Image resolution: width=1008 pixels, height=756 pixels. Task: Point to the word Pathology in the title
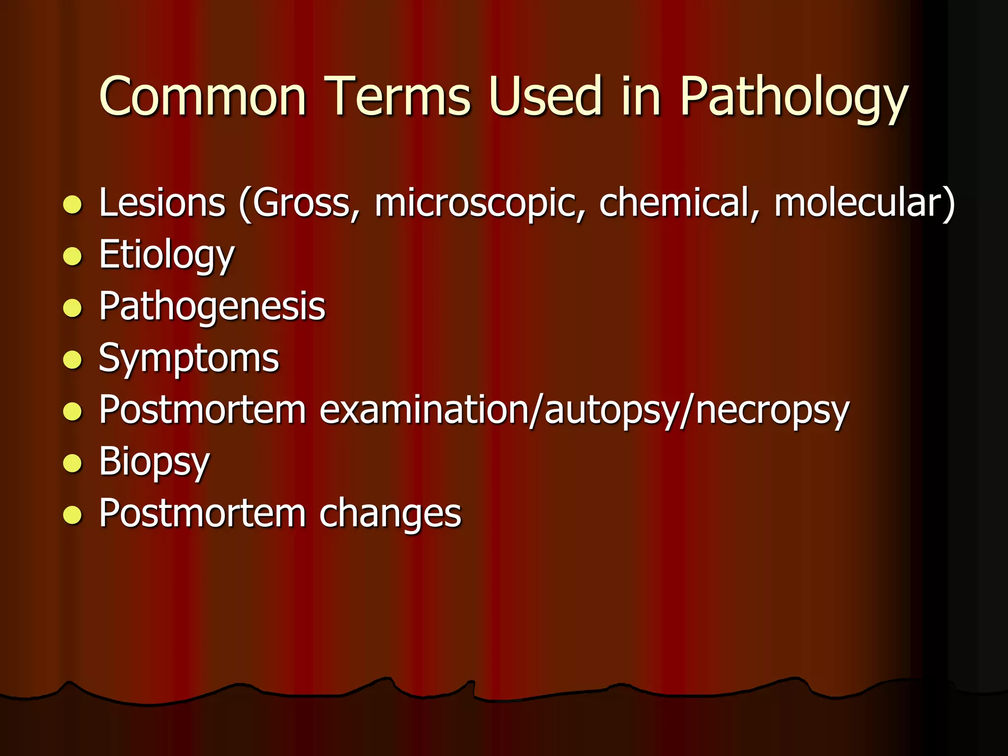pos(793,98)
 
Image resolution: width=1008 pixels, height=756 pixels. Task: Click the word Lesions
pos(162,203)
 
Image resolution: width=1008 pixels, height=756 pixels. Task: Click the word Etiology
pos(166,256)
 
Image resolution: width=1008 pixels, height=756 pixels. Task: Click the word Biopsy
pos(154,463)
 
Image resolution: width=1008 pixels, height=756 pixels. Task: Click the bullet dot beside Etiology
pos(72,256)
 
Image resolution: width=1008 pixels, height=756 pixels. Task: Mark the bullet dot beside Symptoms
pos(72,360)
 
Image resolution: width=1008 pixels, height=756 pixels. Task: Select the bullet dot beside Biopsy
pos(72,463)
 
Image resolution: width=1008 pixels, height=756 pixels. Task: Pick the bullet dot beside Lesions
pos(72,204)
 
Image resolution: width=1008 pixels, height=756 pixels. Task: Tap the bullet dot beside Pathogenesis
pos(72,308)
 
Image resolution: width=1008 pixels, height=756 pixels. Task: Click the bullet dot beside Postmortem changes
pos(72,515)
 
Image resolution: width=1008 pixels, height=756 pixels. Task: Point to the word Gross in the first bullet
pos(301,203)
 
